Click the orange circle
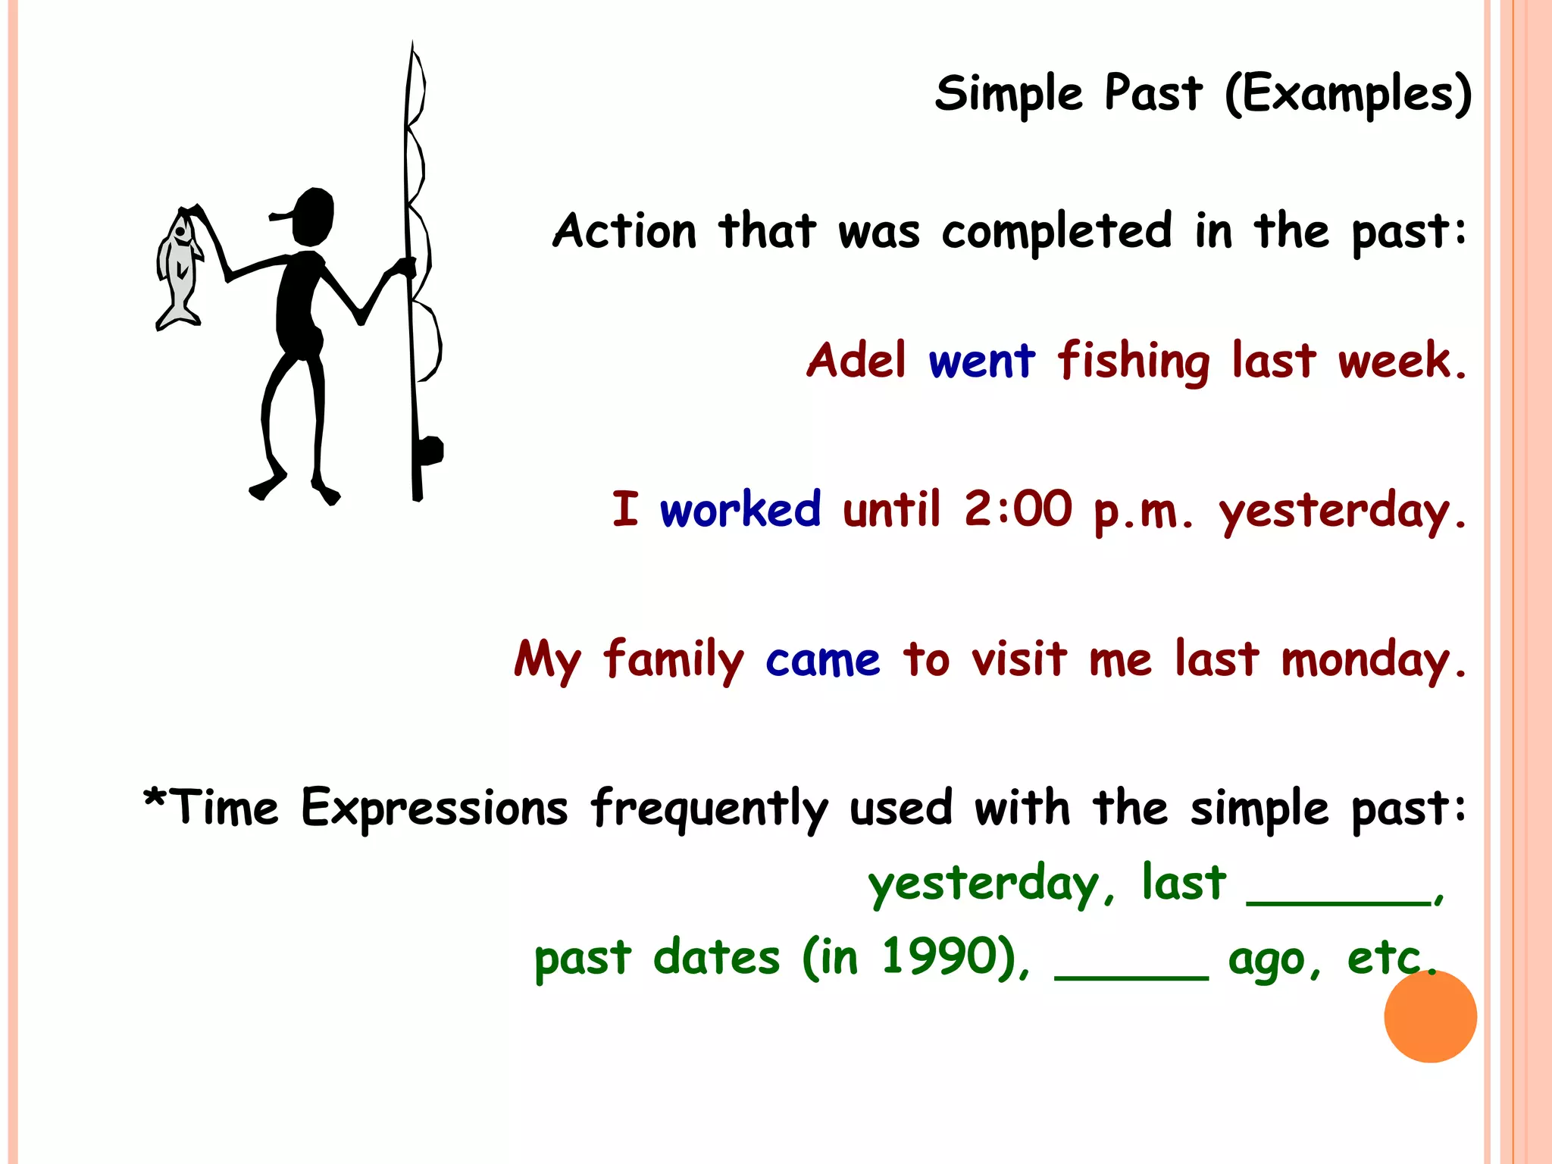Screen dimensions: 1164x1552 [x=1430, y=1016]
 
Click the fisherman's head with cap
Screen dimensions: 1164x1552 [x=311, y=217]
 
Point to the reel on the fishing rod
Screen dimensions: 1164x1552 [x=430, y=452]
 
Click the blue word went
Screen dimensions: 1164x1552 [x=981, y=361]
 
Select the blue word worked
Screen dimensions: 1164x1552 [x=740, y=509]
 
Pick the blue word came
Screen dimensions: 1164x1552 [x=823, y=660]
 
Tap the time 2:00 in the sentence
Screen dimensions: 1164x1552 [x=1018, y=508]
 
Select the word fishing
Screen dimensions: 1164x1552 [x=1134, y=362]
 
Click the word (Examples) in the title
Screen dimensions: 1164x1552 [x=1348, y=95]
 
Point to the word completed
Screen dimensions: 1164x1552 [x=1057, y=231]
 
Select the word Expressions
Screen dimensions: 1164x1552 [x=434, y=809]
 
